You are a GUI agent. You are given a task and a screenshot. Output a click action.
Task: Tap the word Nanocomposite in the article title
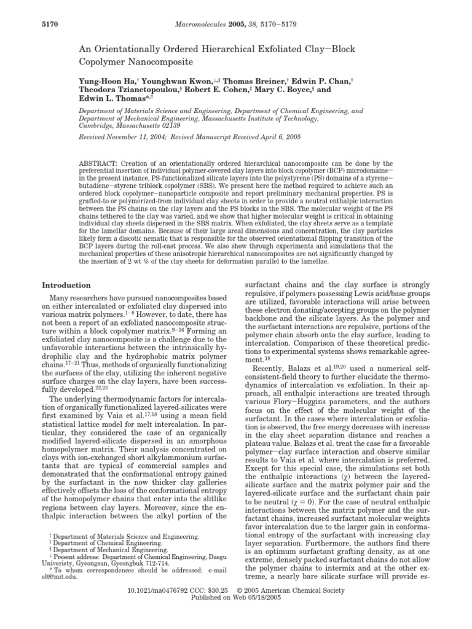[172, 62]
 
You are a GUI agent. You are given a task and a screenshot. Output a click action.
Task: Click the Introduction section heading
[66, 285]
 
